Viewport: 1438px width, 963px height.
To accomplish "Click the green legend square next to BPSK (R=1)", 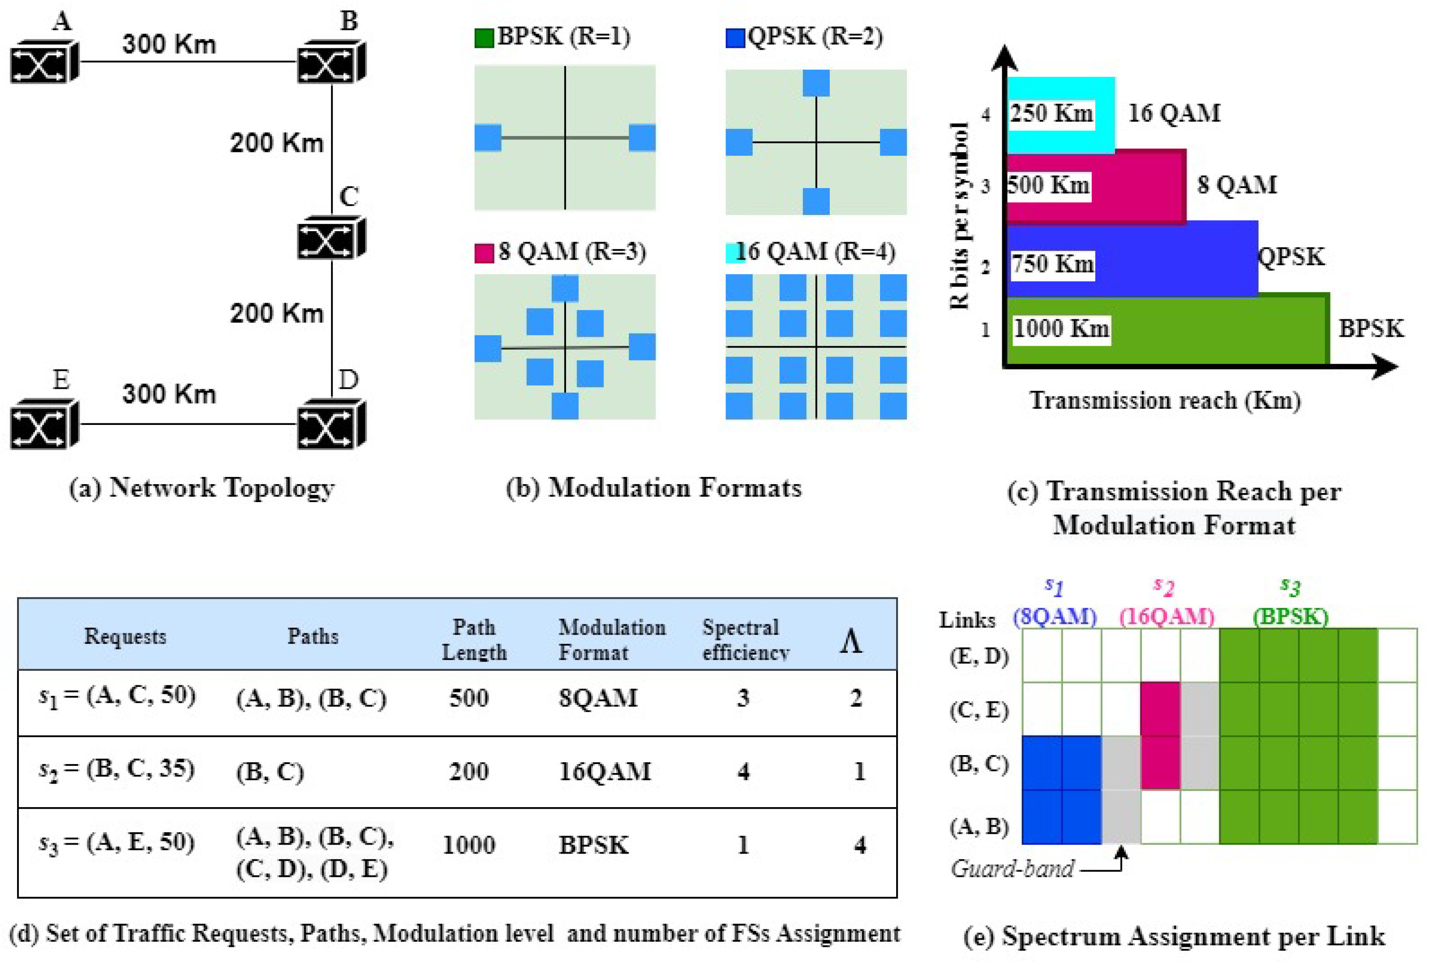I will tap(484, 38).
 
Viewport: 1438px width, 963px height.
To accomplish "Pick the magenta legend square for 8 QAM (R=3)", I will tap(484, 253).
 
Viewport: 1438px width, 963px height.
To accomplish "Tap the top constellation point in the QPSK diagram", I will tap(816, 83).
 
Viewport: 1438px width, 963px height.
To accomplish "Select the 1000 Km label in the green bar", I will tap(1061, 329).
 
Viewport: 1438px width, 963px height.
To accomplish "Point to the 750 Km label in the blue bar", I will tap(1052, 264).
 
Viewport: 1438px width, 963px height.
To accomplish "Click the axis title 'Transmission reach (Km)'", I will tap(1165, 400).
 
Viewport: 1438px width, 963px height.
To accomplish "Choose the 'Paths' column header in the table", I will tap(313, 636).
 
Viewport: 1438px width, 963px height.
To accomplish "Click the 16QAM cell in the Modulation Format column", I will tap(604, 771).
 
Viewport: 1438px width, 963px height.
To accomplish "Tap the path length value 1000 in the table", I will tap(468, 845).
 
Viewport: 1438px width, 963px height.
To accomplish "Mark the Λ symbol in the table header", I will tap(850, 642).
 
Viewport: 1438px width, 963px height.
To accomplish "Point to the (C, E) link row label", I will tap(979, 711).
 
